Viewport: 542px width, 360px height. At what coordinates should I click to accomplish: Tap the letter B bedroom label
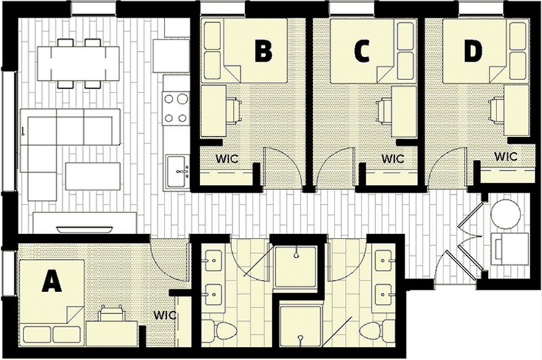263,52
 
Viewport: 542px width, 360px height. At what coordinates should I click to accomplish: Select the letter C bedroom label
362,52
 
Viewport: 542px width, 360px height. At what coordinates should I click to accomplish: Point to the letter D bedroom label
472,52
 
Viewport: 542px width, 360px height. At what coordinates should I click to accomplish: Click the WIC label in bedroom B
227,158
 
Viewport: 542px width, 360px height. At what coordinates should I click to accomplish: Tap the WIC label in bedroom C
392,158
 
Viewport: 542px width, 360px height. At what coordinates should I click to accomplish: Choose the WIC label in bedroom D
506,157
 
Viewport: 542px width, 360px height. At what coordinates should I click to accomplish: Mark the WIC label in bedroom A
165,315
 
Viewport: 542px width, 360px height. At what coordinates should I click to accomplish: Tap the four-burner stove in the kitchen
176,108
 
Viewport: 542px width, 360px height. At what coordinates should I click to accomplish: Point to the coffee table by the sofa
93,176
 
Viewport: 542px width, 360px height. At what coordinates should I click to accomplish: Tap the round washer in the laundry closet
506,213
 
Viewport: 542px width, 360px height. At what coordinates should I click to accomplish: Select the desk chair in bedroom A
111,314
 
